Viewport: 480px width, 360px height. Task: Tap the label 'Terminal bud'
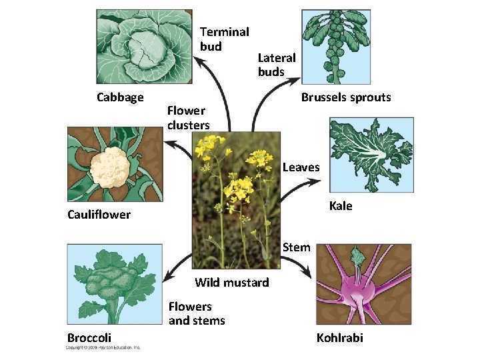[x=224, y=39]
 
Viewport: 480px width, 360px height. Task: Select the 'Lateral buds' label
[x=277, y=65]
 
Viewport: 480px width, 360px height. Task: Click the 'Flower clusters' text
[x=189, y=117]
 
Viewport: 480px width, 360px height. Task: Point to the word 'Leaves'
[x=301, y=168]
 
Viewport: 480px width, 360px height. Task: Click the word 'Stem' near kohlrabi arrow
[x=296, y=247]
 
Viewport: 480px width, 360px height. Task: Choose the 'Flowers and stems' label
[x=197, y=314]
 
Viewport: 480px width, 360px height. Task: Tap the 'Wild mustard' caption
[x=232, y=283]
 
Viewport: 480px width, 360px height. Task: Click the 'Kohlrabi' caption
[x=340, y=338]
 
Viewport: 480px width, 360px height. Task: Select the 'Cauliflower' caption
[x=99, y=215]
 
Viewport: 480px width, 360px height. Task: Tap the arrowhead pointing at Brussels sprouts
[x=293, y=81]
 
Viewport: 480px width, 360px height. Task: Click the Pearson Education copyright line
[x=103, y=348]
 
